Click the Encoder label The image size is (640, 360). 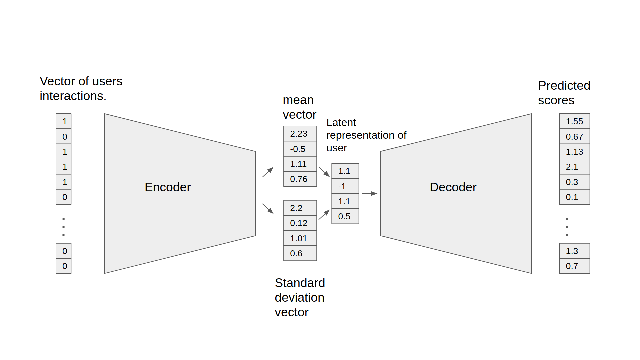pos(167,187)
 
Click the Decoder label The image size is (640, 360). pos(453,187)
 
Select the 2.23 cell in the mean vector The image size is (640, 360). pos(300,134)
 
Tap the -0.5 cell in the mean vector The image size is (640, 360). pos(300,149)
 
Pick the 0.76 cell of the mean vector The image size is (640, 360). pos(300,179)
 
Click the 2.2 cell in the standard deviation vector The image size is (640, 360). pos(300,208)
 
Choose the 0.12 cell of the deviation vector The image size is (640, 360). pos(300,223)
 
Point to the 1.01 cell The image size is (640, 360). pos(300,238)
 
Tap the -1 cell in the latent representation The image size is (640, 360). pos(345,186)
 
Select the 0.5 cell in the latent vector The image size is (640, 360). pos(345,216)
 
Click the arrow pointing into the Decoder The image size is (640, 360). pos(369,193)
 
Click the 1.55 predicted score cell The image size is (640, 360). pos(574,121)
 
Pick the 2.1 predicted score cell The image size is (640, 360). pos(574,167)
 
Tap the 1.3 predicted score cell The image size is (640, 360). pos(574,251)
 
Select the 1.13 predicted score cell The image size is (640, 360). pos(574,152)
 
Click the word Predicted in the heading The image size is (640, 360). pos(564,86)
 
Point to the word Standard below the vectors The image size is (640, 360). pos(300,283)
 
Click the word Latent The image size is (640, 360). pos(341,123)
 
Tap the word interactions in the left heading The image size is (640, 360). pos(72,96)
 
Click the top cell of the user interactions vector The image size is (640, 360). pos(64,121)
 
